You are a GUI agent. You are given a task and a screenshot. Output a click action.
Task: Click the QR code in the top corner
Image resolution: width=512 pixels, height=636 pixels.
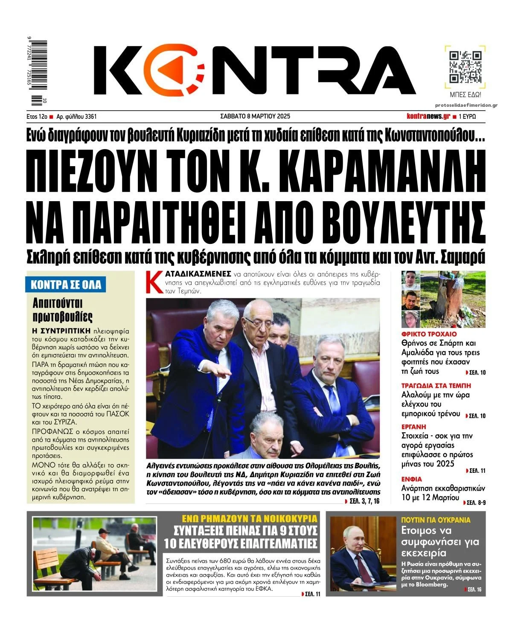pyautogui.click(x=465, y=67)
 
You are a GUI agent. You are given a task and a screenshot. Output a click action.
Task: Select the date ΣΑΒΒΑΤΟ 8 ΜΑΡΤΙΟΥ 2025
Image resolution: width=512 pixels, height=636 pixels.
pyautogui.click(x=255, y=116)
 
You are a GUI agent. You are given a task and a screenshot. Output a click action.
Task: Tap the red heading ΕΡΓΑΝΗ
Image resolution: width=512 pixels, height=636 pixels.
pyautogui.click(x=413, y=427)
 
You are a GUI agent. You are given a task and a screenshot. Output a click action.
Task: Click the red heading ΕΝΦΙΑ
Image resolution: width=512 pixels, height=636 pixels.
pyautogui.click(x=411, y=479)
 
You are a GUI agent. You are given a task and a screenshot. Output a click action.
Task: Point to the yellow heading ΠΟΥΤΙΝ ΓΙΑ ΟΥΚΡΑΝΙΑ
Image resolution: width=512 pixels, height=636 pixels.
pyautogui.click(x=436, y=520)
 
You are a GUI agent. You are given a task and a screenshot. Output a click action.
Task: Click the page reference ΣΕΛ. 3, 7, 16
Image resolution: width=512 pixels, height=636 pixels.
pyautogui.click(x=364, y=501)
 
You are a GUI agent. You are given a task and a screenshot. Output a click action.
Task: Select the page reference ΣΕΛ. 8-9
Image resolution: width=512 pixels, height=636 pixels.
pyautogui.click(x=476, y=503)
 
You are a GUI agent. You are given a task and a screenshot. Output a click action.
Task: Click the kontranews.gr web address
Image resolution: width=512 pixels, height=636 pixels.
pyautogui.click(x=428, y=116)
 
